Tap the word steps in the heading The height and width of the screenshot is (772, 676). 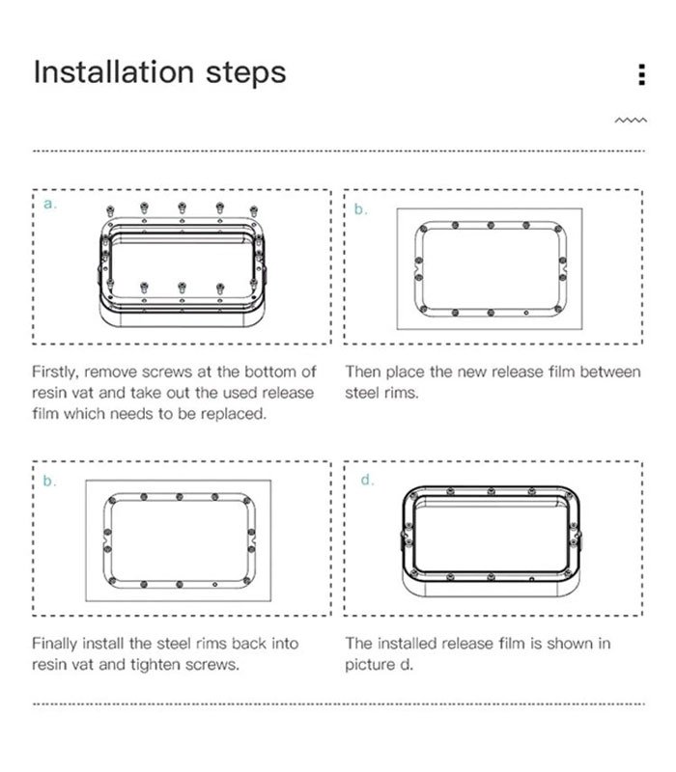[246, 74]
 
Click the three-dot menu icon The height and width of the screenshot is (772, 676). [641, 74]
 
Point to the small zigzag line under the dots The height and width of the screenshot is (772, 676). [631, 120]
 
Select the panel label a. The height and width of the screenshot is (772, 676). [50, 205]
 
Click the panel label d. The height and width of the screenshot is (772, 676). [367, 479]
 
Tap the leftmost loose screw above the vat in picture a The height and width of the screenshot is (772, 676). [110, 211]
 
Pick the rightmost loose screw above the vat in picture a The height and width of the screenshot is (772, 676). [253, 211]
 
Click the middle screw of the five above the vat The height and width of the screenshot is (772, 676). [182, 207]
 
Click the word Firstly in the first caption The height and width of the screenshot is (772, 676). [55, 372]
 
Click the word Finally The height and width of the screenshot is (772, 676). [54, 644]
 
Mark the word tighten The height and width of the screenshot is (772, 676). [152, 665]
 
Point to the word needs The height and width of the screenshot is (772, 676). [131, 415]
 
